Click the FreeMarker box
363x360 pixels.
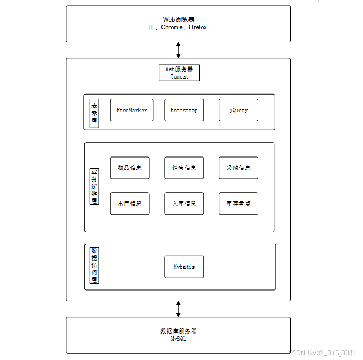point(132,110)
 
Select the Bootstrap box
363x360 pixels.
point(184,110)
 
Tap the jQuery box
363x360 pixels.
point(238,110)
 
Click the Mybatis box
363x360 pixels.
point(184,267)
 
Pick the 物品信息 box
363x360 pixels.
point(129,168)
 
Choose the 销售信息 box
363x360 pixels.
point(184,168)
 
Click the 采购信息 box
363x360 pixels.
point(238,168)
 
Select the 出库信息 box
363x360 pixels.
point(129,204)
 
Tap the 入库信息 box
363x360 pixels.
point(184,204)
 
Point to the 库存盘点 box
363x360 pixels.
point(238,204)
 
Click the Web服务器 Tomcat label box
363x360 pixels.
point(179,73)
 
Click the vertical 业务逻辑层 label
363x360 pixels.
point(94,186)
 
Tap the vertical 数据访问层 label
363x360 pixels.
point(94,265)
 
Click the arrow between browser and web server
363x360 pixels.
point(179,50)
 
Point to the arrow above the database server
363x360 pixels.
point(179,309)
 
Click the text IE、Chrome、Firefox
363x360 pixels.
point(178,27)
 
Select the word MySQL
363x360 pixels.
point(179,339)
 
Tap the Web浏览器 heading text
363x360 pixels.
point(179,20)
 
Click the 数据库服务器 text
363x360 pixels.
point(179,331)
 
